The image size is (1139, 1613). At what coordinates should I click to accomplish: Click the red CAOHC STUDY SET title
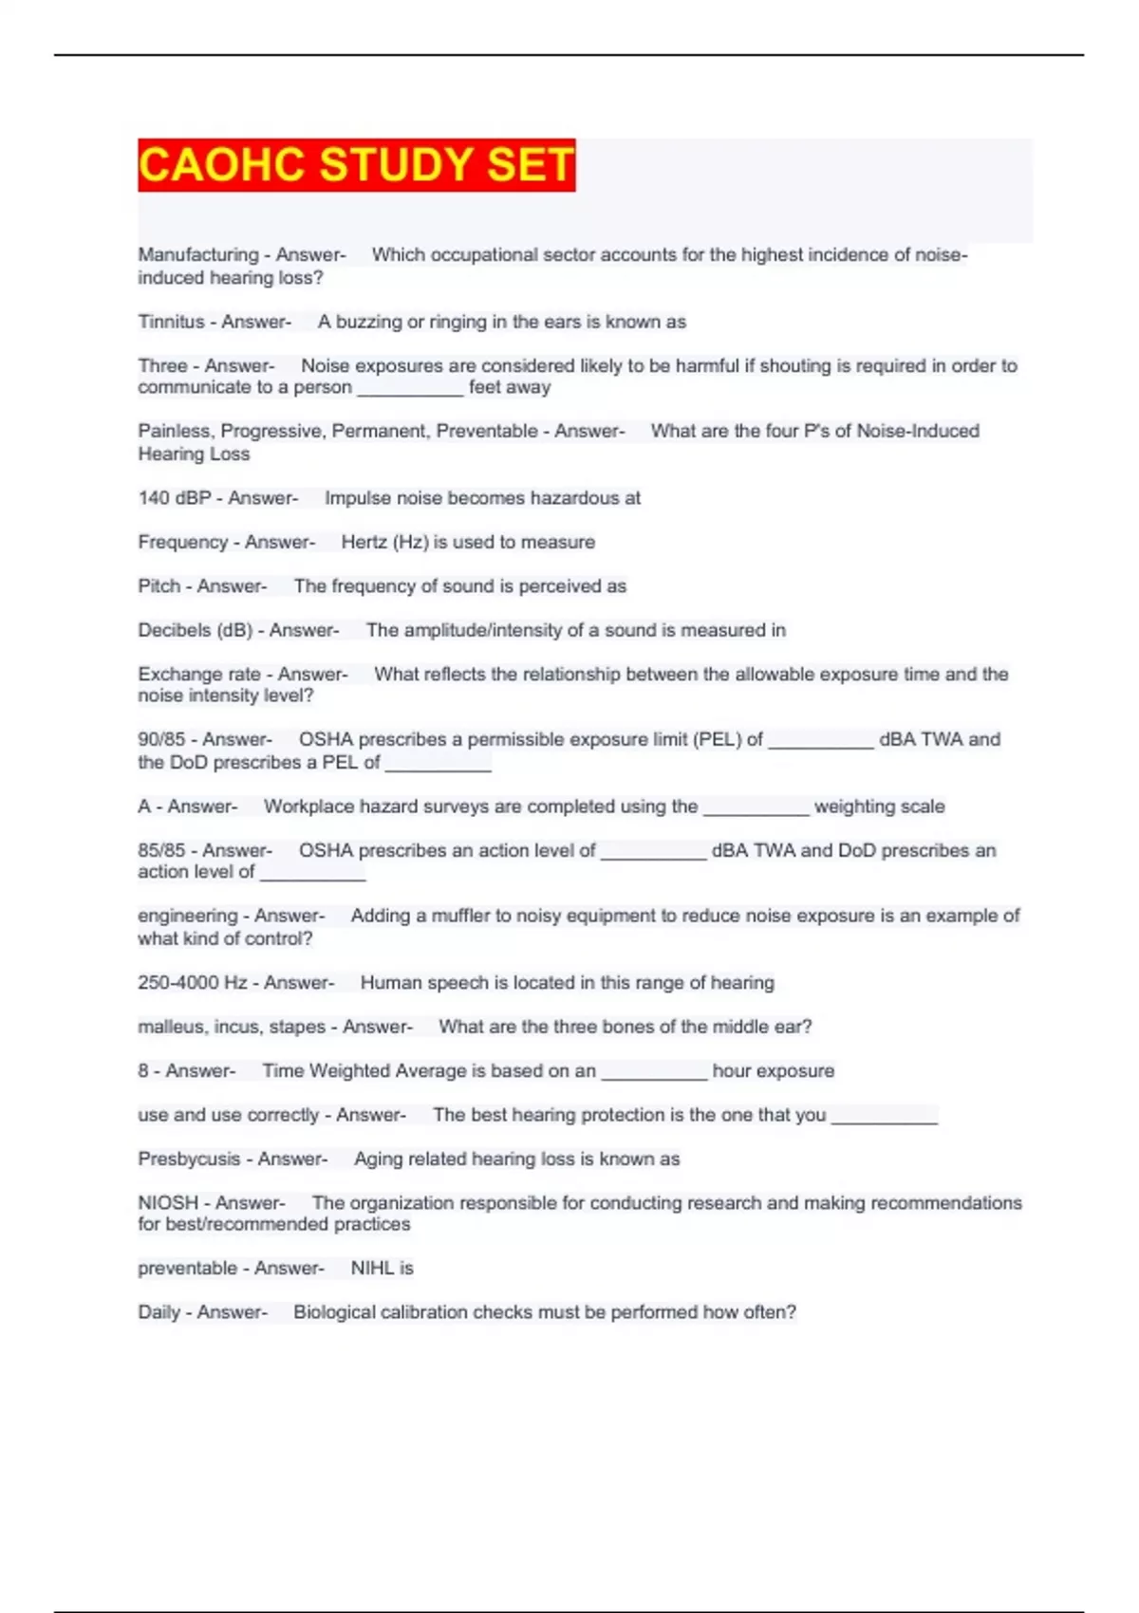(x=356, y=165)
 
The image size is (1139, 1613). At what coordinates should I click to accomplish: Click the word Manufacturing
(x=197, y=254)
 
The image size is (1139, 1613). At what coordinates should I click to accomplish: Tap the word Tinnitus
(x=171, y=322)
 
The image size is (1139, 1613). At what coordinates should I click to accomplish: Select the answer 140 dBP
(x=174, y=498)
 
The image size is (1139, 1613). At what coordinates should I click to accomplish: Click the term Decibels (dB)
(x=194, y=630)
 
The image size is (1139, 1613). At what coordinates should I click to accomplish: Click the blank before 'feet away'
(x=410, y=389)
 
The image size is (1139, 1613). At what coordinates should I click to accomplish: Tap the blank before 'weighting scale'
(x=756, y=808)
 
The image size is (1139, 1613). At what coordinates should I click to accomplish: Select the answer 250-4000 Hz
(x=192, y=983)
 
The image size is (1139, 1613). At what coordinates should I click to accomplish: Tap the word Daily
(x=159, y=1312)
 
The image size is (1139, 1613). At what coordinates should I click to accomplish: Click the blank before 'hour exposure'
(x=654, y=1073)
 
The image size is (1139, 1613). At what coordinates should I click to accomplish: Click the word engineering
(x=186, y=916)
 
